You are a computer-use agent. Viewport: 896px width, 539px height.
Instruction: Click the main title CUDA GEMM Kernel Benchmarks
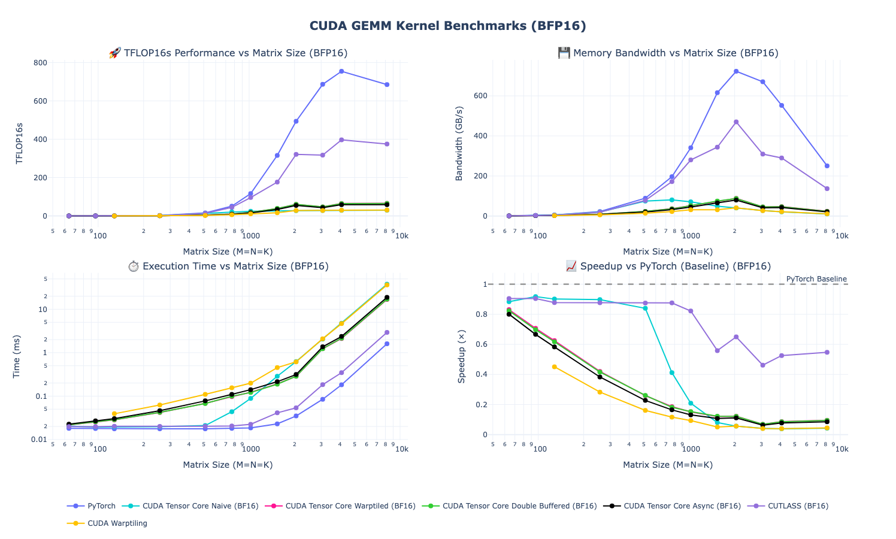click(447, 26)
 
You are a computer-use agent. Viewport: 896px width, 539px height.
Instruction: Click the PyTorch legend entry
click(101, 506)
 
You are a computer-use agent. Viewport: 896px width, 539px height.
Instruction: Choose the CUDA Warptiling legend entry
click(117, 523)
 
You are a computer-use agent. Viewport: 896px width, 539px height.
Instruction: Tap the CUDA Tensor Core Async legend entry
click(682, 506)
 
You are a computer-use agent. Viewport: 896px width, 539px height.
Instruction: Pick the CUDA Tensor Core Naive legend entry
click(200, 506)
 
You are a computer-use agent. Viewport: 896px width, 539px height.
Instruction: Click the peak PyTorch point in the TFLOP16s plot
click(341, 71)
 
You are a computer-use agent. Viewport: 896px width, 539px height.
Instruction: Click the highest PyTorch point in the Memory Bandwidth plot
click(736, 71)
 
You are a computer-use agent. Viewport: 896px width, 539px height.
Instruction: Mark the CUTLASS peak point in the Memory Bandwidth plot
click(736, 122)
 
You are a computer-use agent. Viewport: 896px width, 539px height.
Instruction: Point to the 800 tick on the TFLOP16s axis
click(40, 63)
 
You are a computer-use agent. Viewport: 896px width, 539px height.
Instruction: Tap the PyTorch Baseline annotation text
click(816, 279)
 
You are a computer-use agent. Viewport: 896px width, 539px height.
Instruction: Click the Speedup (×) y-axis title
click(461, 356)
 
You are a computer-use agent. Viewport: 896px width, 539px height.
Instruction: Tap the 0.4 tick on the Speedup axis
click(479, 375)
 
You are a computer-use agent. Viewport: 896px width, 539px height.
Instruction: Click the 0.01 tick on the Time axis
click(40, 440)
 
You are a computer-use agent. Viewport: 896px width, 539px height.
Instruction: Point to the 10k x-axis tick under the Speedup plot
click(841, 449)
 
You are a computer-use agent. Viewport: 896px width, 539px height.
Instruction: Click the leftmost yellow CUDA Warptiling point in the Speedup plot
click(554, 367)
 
